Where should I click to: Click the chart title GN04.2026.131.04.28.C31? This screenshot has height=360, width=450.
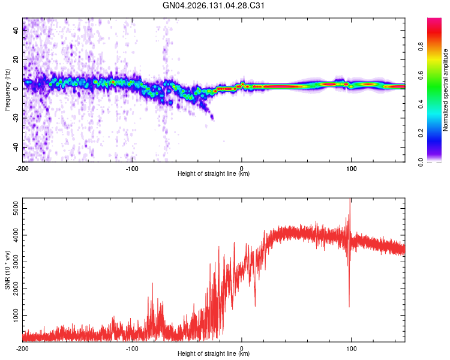point(213,5)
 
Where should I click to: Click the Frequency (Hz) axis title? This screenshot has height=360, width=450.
point(7,90)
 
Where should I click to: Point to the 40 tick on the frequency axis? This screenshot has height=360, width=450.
point(16,30)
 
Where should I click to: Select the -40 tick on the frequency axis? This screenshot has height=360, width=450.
point(16,148)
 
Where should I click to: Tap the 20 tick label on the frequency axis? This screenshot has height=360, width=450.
point(16,59)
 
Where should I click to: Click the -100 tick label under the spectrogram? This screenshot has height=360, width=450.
point(132,169)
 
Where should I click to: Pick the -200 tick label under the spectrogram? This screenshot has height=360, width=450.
point(22,169)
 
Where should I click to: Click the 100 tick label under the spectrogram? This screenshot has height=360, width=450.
point(351,169)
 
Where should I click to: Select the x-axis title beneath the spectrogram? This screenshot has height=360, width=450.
point(214,173)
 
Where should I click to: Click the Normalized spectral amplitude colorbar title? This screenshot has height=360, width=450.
point(445,90)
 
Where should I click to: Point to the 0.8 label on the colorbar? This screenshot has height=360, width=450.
point(421,46)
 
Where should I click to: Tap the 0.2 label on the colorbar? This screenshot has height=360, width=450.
point(421,133)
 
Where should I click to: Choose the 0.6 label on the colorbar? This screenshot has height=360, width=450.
point(421,75)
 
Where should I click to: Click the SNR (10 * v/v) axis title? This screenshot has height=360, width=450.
point(7,270)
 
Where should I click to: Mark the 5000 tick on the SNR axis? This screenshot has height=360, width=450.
point(16,209)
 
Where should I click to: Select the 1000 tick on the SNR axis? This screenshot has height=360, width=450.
point(16,315)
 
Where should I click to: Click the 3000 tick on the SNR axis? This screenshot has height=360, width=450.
point(16,262)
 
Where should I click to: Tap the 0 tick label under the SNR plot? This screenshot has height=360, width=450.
point(242,349)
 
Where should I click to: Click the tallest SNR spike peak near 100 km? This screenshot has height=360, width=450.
point(350,199)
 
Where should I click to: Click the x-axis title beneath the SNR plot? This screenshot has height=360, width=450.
point(214,353)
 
